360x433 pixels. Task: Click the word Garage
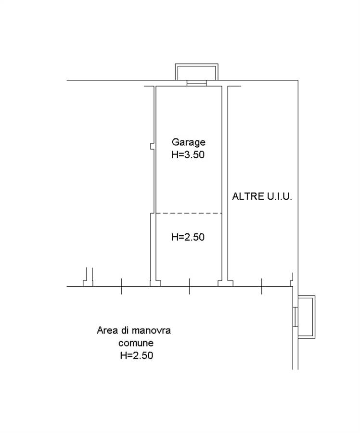[x=189, y=142]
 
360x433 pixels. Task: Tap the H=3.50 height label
[x=188, y=154]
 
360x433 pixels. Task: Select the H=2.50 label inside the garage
[x=188, y=237]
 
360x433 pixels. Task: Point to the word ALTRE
[x=248, y=196]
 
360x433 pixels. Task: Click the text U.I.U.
[x=279, y=196]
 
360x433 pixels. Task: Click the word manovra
[x=151, y=330]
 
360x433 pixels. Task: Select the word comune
[x=136, y=343]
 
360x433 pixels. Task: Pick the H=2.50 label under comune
[x=137, y=356]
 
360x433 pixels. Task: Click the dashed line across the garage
[x=189, y=213]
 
